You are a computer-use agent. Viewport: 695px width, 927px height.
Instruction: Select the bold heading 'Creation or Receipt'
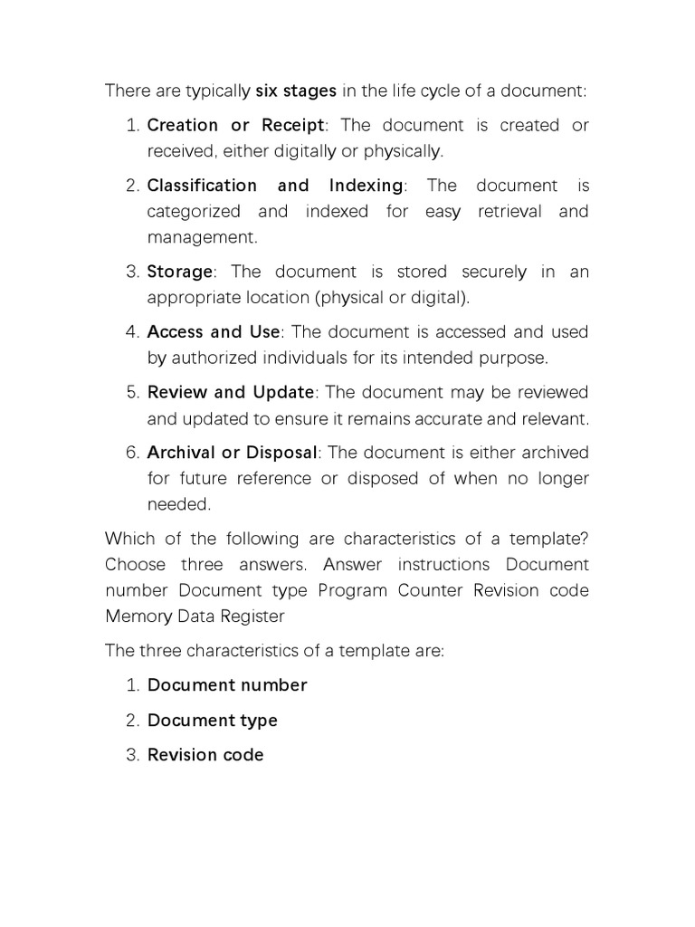[234, 125]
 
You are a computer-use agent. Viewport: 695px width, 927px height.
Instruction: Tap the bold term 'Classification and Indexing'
[274, 186]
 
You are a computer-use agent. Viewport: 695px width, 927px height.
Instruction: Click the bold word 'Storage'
[179, 272]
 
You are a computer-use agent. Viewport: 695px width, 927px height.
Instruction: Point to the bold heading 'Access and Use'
[214, 332]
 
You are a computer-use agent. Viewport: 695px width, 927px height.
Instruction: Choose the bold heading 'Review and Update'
[231, 393]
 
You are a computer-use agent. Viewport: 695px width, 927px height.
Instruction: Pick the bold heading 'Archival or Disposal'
[233, 453]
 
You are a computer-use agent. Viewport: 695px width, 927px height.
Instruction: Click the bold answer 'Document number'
[227, 685]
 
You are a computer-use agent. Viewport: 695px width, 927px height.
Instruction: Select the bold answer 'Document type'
[213, 721]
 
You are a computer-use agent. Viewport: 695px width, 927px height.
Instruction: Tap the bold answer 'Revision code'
[205, 755]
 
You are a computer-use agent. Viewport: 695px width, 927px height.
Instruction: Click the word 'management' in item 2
[201, 238]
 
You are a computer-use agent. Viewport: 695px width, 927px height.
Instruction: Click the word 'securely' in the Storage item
[493, 272]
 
